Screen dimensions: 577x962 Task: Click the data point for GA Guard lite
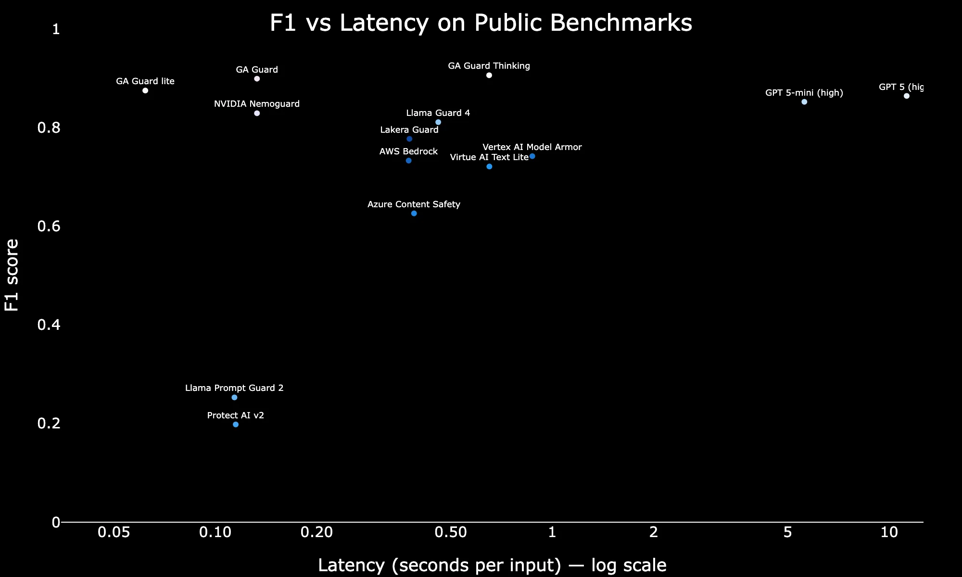(145, 90)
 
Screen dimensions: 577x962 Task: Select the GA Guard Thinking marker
(489, 75)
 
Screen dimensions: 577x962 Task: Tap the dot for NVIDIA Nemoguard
(257, 113)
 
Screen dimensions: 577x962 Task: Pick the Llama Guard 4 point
(438, 122)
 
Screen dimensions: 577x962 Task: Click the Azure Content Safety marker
(414, 213)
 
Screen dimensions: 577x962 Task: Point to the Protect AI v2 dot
(236, 425)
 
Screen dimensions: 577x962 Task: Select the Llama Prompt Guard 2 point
(234, 398)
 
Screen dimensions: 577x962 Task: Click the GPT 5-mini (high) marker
(804, 102)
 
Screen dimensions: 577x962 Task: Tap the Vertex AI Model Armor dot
(532, 156)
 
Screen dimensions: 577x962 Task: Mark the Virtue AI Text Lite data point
(490, 166)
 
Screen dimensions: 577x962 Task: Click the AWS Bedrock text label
(408, 151)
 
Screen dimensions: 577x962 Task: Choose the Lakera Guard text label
(409, 130)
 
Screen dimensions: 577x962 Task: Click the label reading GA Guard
(257, 70)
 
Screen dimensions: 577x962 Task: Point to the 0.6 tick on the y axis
(49, 226)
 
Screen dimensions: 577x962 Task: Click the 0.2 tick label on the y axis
(49, 423)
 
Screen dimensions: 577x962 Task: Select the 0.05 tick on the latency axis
(114, 532)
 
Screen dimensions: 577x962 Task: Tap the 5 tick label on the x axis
(787, 532)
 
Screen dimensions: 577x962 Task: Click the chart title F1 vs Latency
(481, 23)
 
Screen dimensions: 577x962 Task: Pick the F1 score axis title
(12, 275)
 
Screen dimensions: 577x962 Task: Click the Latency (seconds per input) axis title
(492, 565)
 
